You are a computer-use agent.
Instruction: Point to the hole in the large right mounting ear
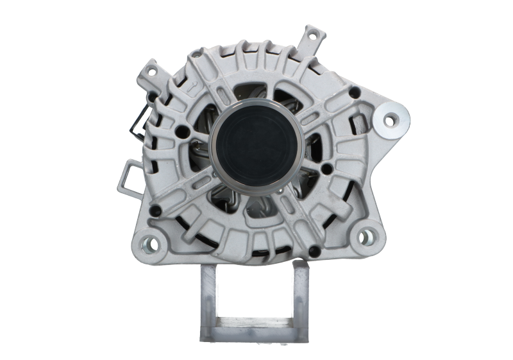pyautogui.click(x=389, y=119)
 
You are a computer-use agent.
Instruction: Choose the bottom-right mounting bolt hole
pyautogui.click(x=367, y=235)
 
